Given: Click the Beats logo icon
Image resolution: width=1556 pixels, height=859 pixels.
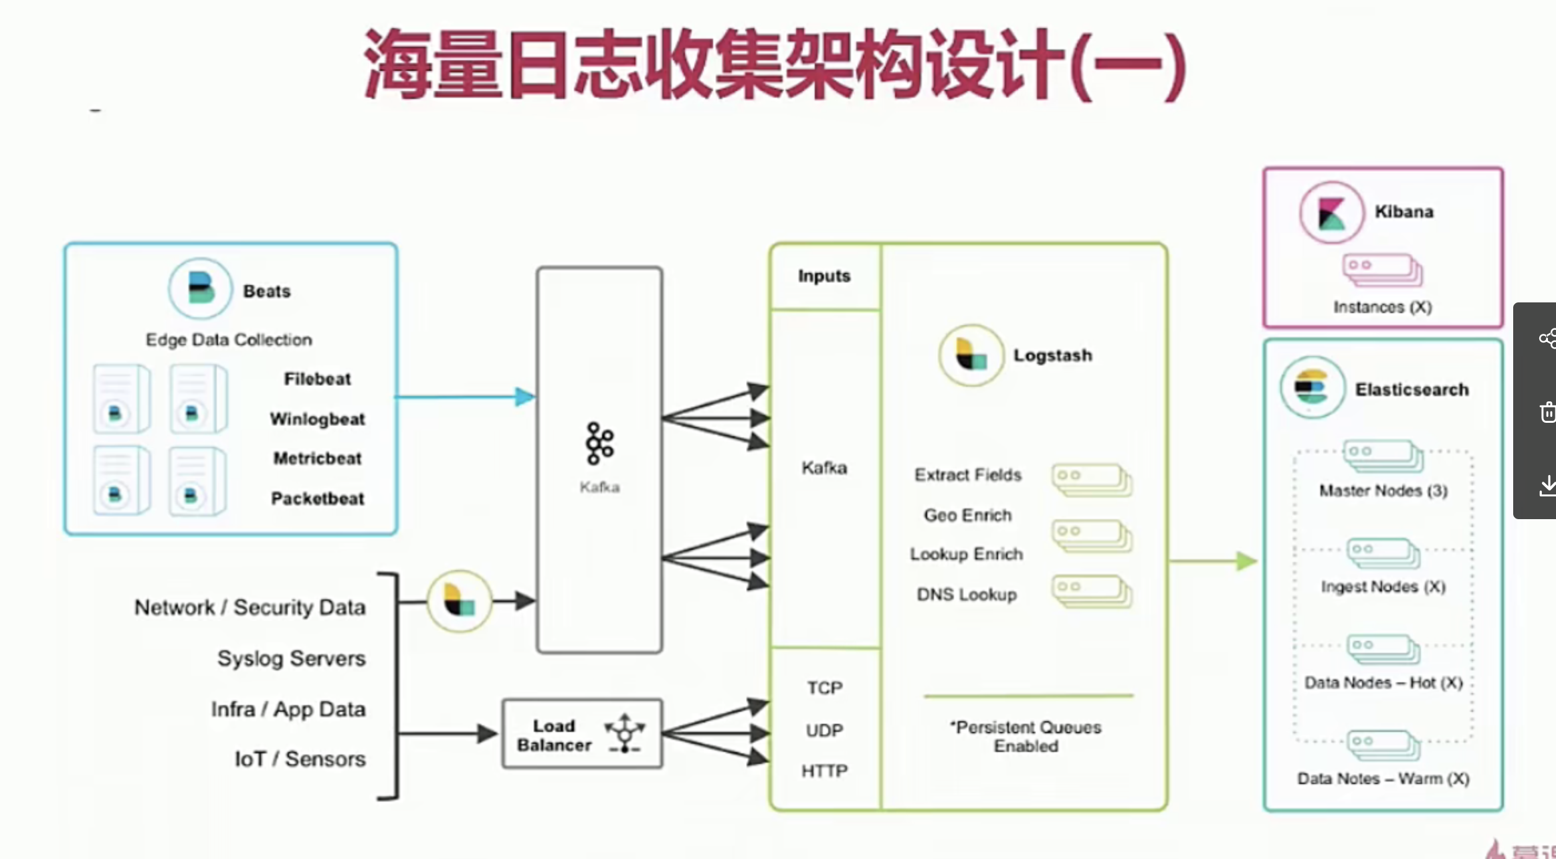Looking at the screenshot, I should [200, 289].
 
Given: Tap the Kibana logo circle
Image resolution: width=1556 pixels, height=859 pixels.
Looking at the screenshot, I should [1331, 212].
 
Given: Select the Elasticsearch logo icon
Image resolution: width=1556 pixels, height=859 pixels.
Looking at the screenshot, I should [1312, 387].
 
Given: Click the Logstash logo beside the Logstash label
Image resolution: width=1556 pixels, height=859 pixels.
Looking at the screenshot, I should [971, 355].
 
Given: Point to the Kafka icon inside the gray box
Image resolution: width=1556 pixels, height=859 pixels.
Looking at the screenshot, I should [599, 444].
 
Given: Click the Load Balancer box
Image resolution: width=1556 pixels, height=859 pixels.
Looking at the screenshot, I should [582, 734].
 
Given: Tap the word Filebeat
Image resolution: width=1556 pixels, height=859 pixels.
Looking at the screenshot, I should [317, 379].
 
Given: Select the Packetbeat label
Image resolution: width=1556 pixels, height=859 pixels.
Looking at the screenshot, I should [317, 498].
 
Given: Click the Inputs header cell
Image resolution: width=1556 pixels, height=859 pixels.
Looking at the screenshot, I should [824, 276].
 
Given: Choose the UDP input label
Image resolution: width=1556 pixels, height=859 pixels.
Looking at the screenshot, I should [824, 730].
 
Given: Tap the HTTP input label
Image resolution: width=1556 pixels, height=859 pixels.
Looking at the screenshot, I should [824, 771].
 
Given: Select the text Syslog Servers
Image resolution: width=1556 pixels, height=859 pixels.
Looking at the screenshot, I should [291, 658].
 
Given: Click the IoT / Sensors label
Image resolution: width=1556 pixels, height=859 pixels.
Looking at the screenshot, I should [300, 759].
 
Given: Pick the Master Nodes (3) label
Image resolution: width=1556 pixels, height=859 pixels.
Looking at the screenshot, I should [1383, 490].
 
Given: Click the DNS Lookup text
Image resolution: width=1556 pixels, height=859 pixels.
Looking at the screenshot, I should [966, 594].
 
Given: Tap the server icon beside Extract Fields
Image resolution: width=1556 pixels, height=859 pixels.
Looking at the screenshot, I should [1091, 480].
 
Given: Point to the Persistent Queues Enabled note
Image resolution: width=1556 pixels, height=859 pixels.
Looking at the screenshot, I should [1026, 736].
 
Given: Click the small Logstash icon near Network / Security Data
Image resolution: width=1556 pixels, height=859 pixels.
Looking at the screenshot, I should [460, 601].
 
